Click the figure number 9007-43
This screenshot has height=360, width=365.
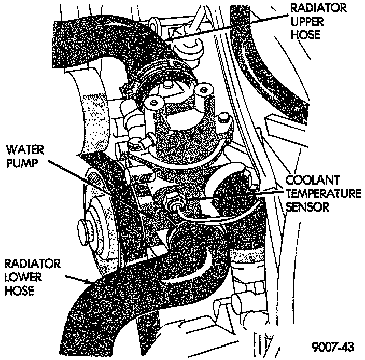click(333, 345)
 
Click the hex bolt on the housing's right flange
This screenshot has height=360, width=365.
click(222, 120)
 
